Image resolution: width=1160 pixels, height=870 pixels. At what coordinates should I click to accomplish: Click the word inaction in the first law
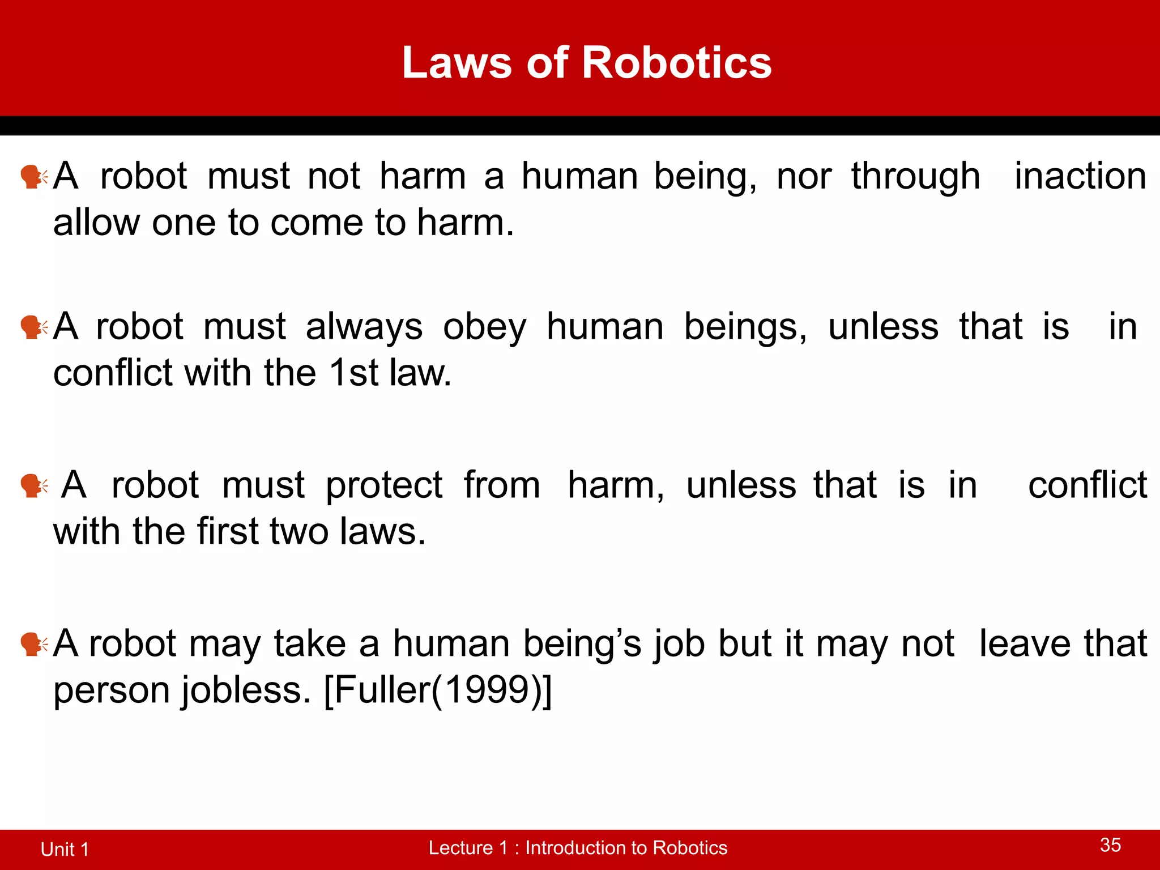(x=1080, y=176)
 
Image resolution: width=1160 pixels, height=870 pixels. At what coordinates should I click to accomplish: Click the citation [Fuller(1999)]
(x=437, y=690)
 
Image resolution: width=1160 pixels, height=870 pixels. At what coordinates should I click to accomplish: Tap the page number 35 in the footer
(x=1110, y=845)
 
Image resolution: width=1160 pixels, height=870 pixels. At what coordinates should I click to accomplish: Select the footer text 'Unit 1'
(x=65, y=850)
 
